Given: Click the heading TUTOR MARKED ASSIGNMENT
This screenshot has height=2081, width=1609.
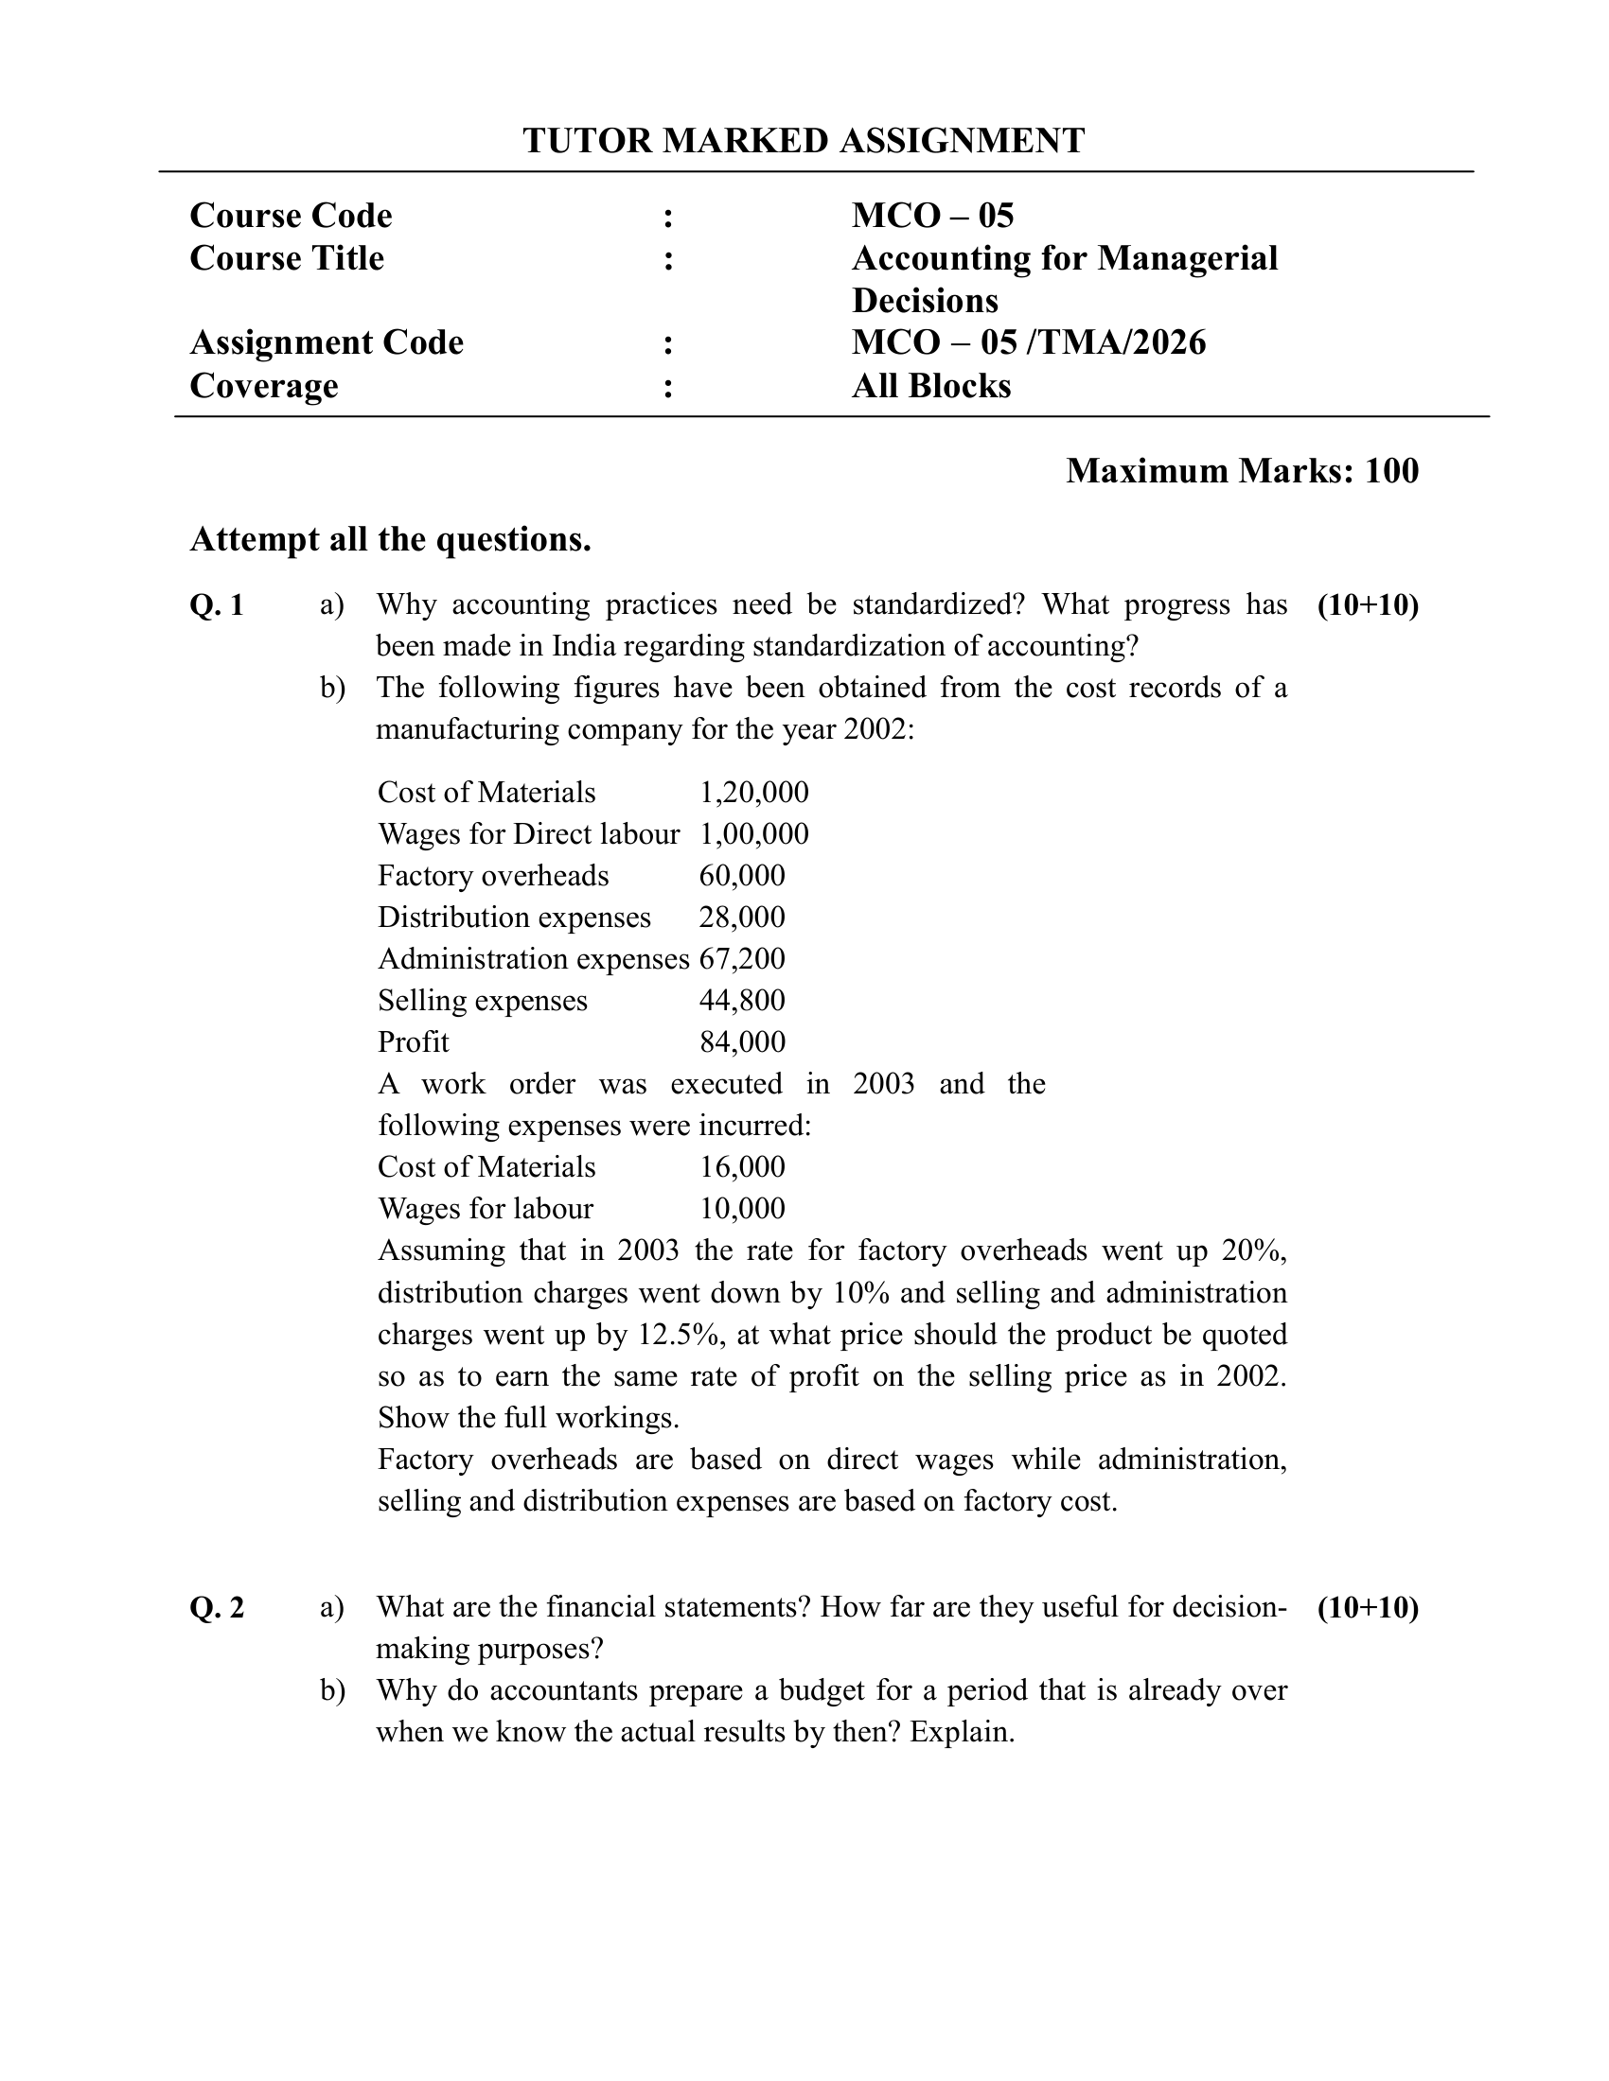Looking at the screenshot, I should click(x=804, y=140).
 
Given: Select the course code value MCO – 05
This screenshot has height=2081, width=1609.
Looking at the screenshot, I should click(x=932, y=216).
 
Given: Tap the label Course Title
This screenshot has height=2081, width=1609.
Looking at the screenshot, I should click(x=287, y=258).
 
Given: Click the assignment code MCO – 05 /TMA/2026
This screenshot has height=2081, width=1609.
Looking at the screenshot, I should click(x=1029, y=342).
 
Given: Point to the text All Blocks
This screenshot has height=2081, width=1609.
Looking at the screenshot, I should click(x=931, y=386).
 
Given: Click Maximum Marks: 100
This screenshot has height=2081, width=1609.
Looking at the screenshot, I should click(x=1241, y=471).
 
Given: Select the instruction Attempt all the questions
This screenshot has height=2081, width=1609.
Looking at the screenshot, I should click(x=391, y=539).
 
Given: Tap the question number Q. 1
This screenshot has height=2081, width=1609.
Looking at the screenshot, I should click(x=218, y=605).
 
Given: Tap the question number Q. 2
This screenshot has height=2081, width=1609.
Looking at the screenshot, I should click(x=218, y=1607).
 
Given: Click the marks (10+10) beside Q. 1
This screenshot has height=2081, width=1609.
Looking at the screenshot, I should click(x=1368, y=605).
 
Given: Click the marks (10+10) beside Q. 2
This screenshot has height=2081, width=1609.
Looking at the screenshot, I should click(x=1368, y=1607).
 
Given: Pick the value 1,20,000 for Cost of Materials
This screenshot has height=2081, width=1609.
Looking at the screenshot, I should click(x=754, y=792).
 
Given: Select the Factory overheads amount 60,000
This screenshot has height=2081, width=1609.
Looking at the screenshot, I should click(x=742, y=876).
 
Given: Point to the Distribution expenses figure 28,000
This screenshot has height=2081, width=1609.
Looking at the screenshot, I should click(x=742, y=917).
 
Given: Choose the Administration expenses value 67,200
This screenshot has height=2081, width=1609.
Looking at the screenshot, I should click(x=742, y=958).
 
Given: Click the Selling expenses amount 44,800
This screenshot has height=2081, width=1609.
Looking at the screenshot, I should click(x=742, y=1001).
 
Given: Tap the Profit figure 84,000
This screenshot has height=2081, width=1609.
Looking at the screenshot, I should click(x=742, y=1041).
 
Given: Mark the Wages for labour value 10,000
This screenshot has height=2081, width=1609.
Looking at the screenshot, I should click(x=742, y=1208).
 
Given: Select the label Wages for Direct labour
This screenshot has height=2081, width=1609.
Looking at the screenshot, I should click(x=528, y=833).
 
